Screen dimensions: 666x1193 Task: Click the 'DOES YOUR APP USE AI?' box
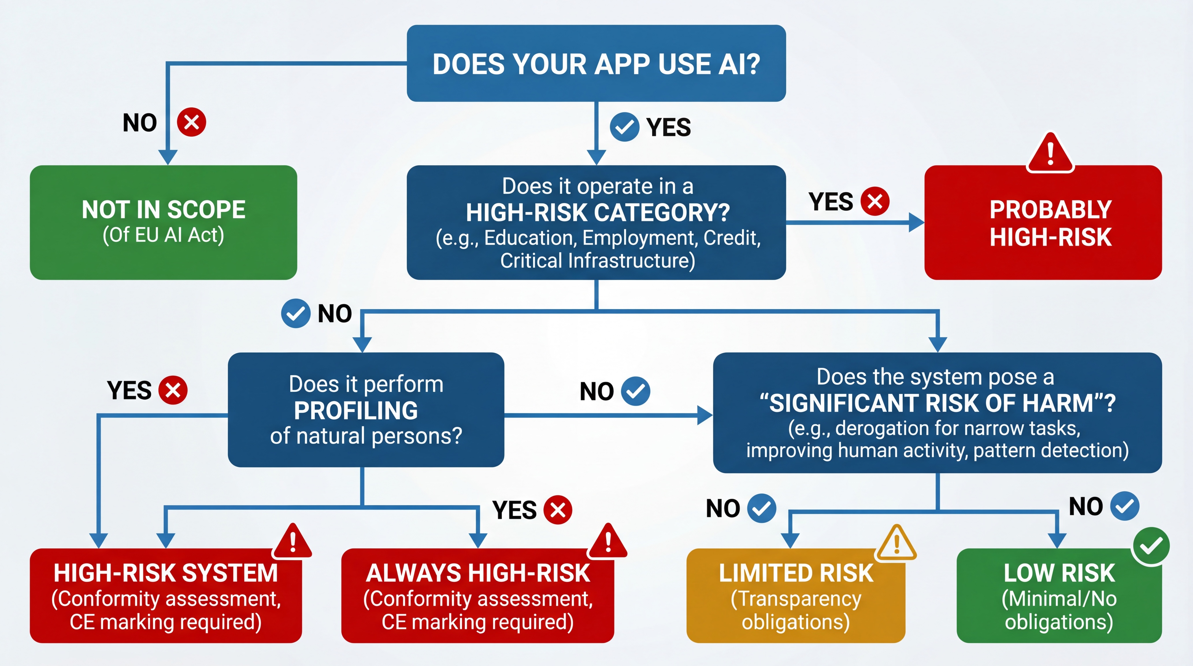(596, 64)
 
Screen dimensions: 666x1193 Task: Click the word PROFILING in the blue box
(356, 410)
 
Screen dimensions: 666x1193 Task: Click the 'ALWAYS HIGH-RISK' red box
(477, 595)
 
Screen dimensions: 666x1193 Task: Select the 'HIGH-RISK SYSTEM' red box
(166, 595)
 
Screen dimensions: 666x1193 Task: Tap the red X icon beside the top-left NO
(192, 122)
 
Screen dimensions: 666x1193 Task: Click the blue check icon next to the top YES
(624, 127)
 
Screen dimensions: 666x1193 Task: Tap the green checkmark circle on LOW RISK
(1151, 547)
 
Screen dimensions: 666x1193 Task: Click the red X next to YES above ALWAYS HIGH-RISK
(557, 510)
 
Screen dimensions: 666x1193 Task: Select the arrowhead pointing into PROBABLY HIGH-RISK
(916, 222)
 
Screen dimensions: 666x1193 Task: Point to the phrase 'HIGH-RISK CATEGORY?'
(597, 212)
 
